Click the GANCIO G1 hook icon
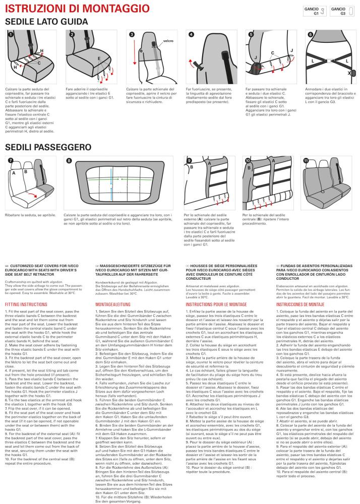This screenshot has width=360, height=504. point(322,11)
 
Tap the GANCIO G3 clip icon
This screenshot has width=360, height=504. point(351,11)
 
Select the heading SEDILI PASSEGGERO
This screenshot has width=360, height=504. point(48,147)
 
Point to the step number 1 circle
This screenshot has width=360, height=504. point(11,35)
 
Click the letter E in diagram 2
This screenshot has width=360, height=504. point(99,59)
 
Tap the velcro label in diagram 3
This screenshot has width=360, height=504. point(168,41)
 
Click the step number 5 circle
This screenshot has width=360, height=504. point(251,34)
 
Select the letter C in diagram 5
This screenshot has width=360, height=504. point(273,53)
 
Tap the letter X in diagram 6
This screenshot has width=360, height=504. point(349,73)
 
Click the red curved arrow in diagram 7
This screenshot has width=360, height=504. point(32,195)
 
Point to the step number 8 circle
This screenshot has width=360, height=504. point(69,160)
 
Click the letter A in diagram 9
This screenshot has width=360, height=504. point(210,163)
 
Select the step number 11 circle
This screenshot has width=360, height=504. point(306,160)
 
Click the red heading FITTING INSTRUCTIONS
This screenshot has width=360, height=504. point(26,304)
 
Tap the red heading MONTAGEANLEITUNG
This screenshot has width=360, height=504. point(113,304)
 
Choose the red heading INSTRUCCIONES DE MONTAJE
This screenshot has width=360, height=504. point(300,304)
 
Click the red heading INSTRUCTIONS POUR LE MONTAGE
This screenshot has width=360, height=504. point(216,304)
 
